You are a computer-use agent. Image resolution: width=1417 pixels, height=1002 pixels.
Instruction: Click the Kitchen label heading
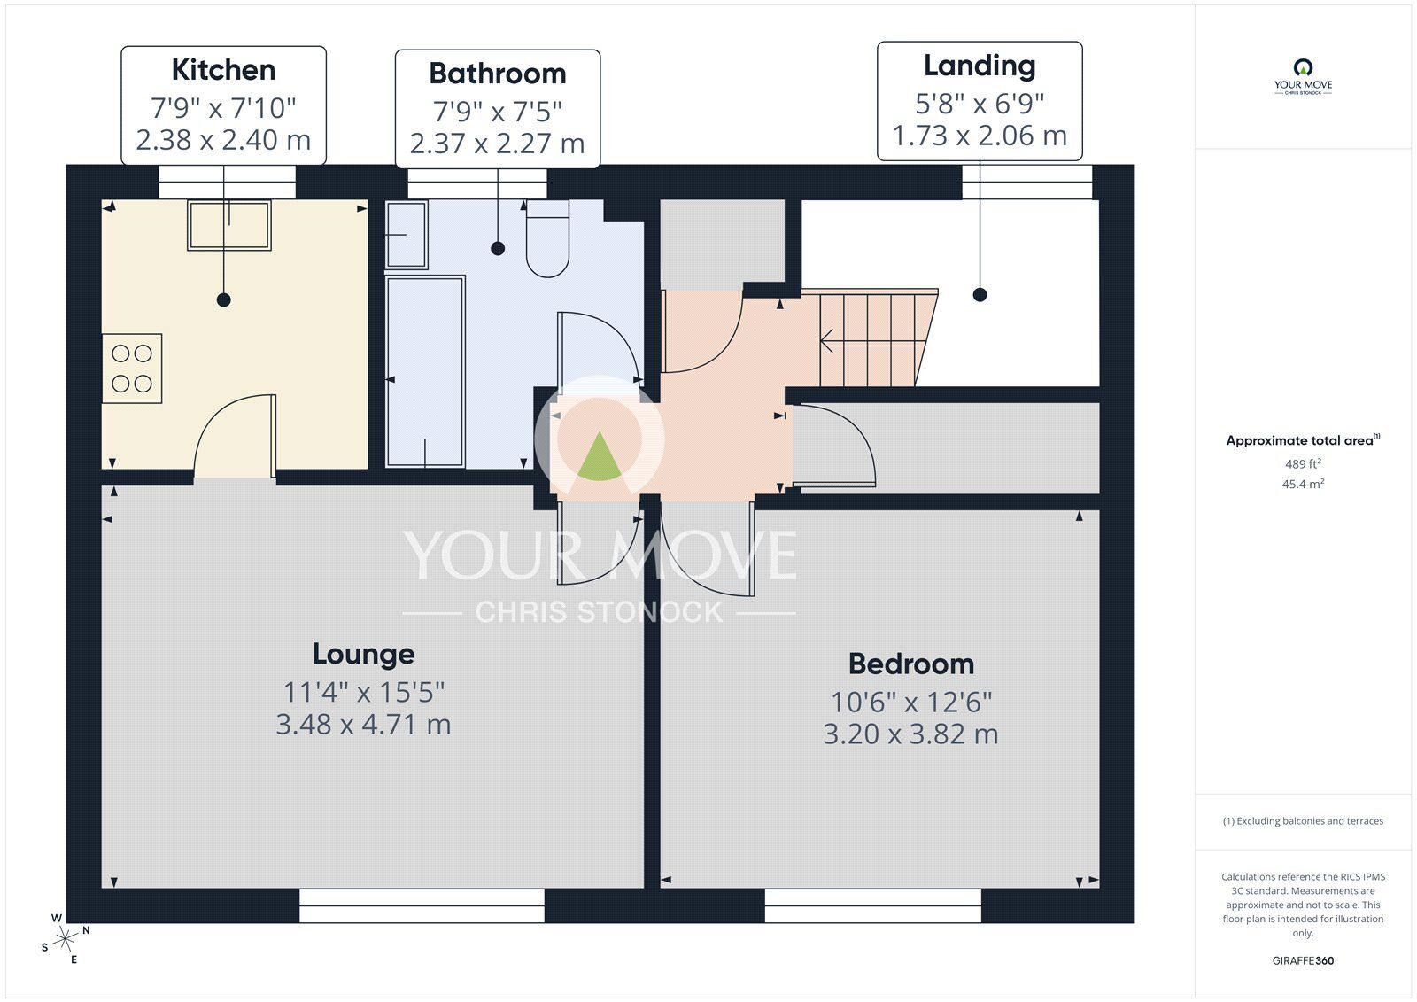pyautogui.click(x=223, y=70)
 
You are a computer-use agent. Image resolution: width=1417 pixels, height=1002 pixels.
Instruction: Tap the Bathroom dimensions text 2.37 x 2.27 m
pyautogui.click(x=497, y=144)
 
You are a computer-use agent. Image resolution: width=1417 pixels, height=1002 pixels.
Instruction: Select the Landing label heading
pyautogui.click(x=980, y=66)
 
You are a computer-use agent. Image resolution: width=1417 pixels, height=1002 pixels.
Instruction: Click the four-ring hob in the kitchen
pyautogui.click(x=132, y=369)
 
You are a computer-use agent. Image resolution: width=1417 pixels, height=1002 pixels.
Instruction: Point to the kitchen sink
pyautogui.click(x=228, y=225)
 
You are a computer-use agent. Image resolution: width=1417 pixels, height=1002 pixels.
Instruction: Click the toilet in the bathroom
pyautogui.click(x=547, y=239)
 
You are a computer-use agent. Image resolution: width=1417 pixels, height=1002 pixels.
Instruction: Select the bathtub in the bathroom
pyautogui.click(x=425, y=371)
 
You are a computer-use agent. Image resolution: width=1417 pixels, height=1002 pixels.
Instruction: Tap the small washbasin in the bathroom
pyautogui.click(x=407, y=235)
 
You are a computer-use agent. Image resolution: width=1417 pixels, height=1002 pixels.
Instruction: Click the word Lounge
pyautogui.click(x=363, y=654)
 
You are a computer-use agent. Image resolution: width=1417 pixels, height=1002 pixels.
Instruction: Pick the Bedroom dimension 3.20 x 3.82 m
pyautogui.click(x=910, y=734)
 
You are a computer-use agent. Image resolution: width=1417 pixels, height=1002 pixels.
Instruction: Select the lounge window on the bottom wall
pyautogui.click(x=422, y=905)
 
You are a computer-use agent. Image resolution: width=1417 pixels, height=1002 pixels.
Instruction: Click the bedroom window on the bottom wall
pyautogui.click(x=872, y=905)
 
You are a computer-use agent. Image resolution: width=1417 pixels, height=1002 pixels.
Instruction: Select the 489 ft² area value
pyautogui.click(x=1303, y=464)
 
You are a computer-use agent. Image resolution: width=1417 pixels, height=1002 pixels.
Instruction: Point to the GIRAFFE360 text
pyautogui.click(x=1303, y=960)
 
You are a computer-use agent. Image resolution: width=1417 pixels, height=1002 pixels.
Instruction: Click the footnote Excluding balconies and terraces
pyautogui.click(x=1303, y=821)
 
